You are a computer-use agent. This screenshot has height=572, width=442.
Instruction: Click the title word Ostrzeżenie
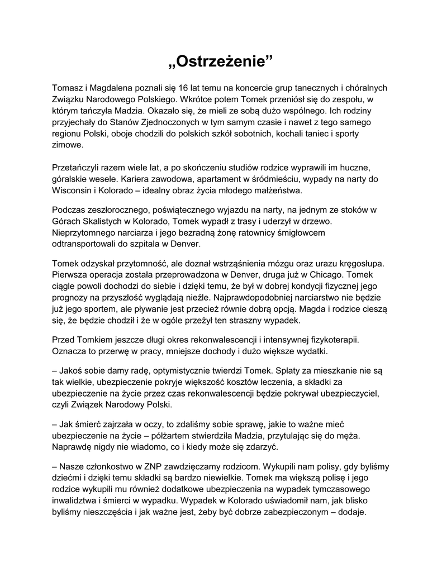[x=221, y=60]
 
